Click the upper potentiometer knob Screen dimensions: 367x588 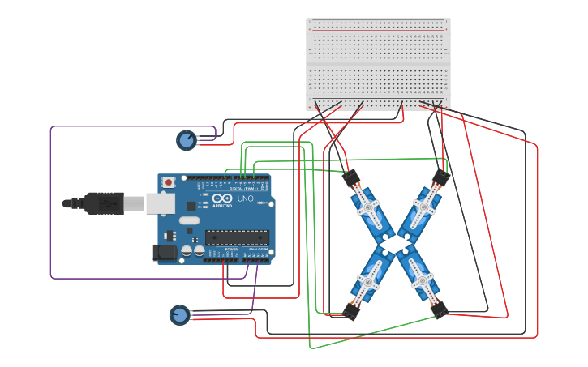click(x=187, y=141)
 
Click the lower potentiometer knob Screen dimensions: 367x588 click(x=179, y=314)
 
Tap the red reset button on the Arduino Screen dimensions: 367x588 click(x=169, y=182)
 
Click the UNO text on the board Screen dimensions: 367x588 click(x=245, y=198)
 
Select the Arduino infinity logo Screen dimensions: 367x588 click(x=223, y=198)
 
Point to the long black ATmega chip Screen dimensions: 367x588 click(x=236, y=237)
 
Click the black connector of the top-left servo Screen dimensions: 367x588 click(x=350, y=177)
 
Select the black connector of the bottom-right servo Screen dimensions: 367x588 click(x=440, y=309)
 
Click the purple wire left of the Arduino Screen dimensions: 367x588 click(x=51, y=203)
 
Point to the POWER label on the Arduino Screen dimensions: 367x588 click(x=231, y=250)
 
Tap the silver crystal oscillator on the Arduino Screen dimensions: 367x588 click(x=189, y=220)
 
